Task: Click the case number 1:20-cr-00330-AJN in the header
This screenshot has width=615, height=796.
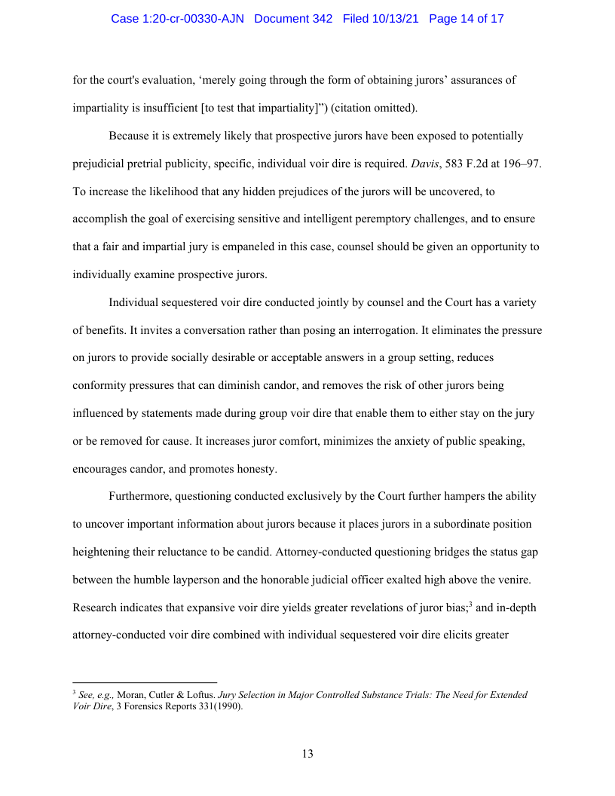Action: coord(177,19)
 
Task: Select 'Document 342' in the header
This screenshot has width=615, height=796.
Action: coord(293,19)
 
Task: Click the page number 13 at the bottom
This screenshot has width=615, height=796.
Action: coord(307,754)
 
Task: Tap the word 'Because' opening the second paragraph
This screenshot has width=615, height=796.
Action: coord(129,136)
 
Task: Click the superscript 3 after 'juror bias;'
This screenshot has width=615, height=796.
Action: coord(471,603)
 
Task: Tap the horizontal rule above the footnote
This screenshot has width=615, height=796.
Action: coord(145,682)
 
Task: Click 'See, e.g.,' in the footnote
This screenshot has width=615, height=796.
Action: coord(96,695)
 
